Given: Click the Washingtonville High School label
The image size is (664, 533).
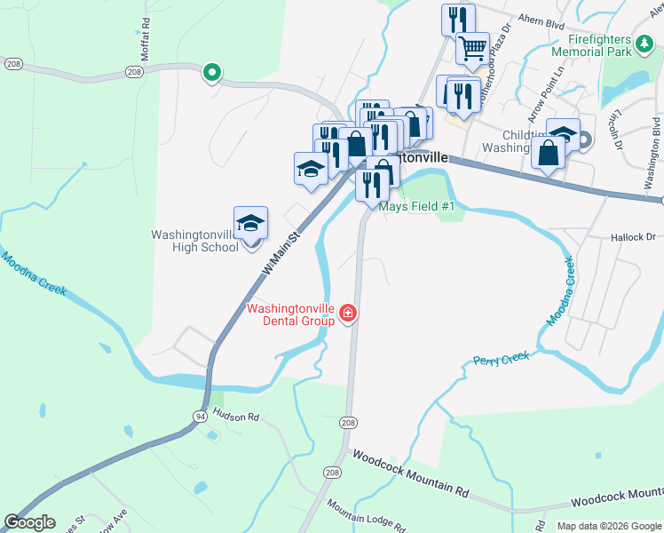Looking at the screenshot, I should pos(195,241).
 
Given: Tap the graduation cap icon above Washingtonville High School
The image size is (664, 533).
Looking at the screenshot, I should pos(251,222).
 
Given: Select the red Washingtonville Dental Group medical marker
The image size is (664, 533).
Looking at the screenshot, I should pos(348,313).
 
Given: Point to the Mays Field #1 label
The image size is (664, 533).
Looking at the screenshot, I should pos(417,206).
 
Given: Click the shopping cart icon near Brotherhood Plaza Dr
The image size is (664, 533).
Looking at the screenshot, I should pos(473,47).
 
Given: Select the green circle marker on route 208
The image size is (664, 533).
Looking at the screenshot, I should pos(212,72).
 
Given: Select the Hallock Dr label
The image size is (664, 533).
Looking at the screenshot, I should pos(632,237).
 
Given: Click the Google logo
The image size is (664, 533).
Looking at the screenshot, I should pos(29,522).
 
